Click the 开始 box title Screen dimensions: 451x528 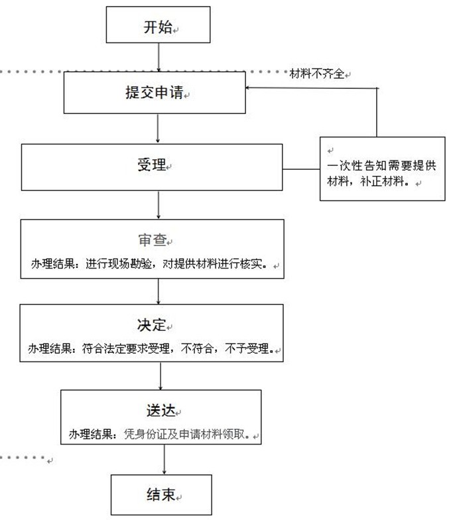click(158, 27)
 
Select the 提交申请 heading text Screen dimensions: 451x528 click(155, 92)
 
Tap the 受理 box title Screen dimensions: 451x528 click(152, 165)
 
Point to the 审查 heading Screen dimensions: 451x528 click(153, 239)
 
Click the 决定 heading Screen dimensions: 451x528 click(152, 324)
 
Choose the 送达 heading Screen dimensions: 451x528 click(161, 410)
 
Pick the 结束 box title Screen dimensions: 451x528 click(161, 494)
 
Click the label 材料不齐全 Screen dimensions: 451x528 click(317, 73)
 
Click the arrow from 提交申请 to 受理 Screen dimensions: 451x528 click(158, 128)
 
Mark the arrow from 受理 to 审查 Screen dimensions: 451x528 click(159, 205)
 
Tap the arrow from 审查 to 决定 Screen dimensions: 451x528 click(159, 291)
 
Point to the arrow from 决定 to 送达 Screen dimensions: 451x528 click(161, 376)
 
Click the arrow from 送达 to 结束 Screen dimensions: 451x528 click(164, 459)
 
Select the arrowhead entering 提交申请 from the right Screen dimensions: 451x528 click(247, 88)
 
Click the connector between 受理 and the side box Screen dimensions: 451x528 click(301, 169)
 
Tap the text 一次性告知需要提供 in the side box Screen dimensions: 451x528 click(381, 165)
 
